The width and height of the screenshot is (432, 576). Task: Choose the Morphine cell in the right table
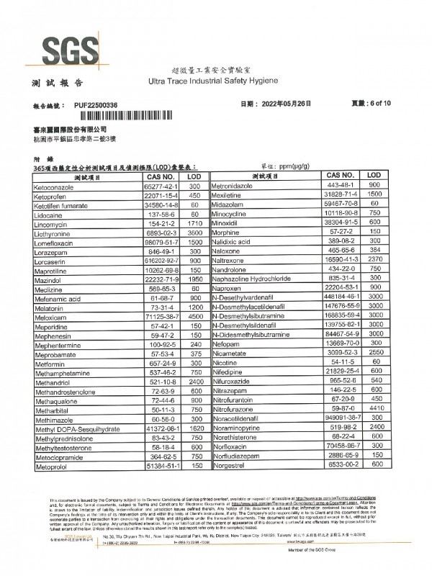226,233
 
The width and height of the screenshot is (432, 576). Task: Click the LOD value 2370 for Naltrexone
374,261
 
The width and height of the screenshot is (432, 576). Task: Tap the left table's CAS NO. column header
160,176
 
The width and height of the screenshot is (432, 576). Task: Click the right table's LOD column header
374,176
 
